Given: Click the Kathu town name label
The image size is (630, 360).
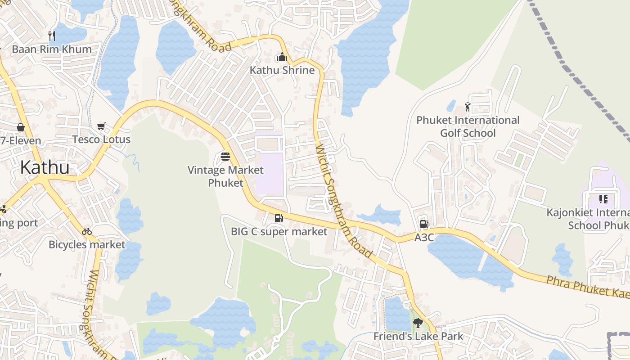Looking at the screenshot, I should [45, 167].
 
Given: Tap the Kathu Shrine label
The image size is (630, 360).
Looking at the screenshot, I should [282, 70].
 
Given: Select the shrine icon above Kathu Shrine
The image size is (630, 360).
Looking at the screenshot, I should [282, 57].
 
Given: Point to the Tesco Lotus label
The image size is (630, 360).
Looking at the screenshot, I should [101, 139].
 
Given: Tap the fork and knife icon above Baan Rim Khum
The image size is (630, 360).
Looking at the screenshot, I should [52, 36].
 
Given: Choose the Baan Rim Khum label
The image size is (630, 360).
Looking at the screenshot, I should [52, 49].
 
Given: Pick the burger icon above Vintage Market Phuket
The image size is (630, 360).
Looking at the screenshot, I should [225, 157].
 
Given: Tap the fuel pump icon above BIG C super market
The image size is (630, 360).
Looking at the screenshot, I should [279, 218].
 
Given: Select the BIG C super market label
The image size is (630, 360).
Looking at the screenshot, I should [279, 232].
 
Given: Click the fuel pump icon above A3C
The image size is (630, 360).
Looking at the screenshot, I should [424, 224].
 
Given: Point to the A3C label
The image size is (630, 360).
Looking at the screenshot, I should [424, 237].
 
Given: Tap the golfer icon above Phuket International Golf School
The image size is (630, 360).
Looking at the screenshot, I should [468, 107].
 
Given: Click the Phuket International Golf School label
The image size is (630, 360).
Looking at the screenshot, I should [468, 126].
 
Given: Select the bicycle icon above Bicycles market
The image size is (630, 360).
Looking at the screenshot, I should [87, 231].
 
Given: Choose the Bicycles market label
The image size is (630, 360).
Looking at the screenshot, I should [87, 245].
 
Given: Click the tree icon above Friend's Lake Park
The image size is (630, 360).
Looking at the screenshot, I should [418, 323].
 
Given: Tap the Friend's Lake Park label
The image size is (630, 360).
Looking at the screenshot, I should [418, 336].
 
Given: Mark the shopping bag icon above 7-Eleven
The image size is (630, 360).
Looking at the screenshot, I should [21, 127].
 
